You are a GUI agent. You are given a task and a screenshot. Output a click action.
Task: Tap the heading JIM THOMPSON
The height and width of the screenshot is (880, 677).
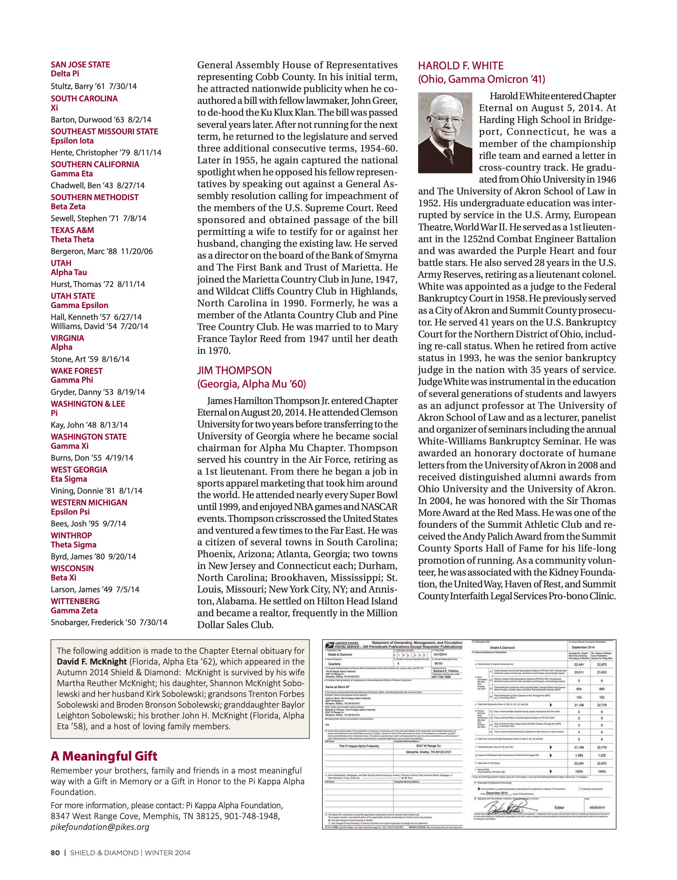234,370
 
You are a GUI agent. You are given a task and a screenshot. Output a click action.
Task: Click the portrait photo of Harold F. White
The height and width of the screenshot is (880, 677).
445,133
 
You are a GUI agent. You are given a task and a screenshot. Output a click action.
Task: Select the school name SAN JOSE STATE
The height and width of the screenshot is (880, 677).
80,64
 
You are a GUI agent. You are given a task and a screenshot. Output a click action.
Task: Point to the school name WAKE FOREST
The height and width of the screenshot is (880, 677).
77,371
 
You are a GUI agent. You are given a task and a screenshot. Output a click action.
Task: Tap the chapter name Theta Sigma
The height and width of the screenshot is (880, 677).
73,545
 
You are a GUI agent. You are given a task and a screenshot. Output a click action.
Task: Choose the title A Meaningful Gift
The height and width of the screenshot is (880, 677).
104,756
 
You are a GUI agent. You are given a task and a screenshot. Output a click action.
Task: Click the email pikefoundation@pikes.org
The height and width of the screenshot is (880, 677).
100,827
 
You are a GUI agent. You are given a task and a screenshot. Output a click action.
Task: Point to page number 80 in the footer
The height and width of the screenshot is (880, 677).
55,852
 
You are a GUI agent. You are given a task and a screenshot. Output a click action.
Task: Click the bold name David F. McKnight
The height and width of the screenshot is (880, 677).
92,662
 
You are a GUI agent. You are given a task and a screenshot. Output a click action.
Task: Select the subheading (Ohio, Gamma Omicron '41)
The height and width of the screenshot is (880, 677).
481,79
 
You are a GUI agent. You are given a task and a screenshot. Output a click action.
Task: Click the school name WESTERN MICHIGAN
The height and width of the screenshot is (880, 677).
89,502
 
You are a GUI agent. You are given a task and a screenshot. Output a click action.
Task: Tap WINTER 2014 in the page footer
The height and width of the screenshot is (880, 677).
168,852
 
